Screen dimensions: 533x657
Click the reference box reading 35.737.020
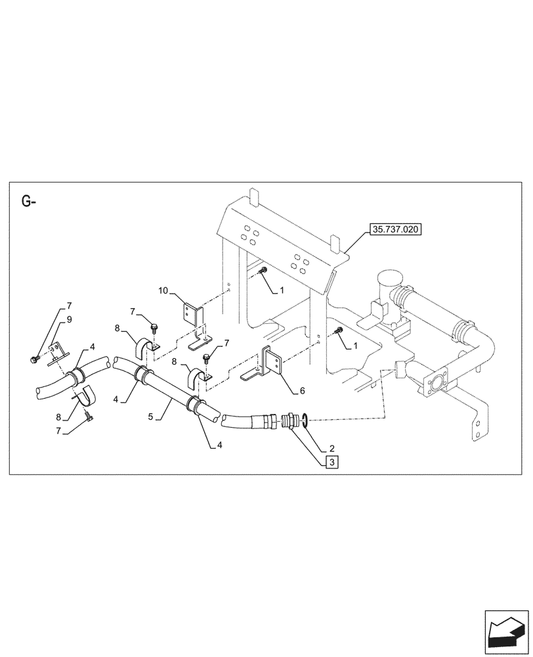click(x=396, y=230)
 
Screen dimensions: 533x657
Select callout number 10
click(x=163, y=290)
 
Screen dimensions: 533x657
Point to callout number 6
click(x=303, y=390)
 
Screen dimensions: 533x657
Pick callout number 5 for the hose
click(x=152, y=417)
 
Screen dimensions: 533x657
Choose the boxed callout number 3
click(x=332, y=463)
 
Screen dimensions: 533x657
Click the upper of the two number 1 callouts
click(x=282, y=289)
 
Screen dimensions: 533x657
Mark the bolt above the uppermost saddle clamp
click(x=154, y=324)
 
